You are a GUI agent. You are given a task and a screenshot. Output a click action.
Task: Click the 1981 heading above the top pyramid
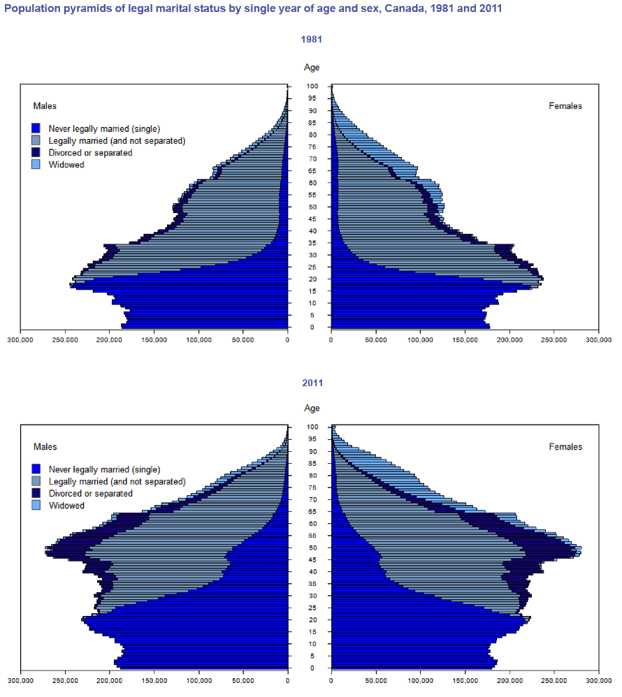coord(311,39)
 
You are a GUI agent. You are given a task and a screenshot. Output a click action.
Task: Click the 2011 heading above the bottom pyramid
coord(311,383)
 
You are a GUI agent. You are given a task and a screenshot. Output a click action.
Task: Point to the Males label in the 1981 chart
coord(45,106)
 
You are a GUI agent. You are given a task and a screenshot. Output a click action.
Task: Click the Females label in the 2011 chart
coord(565,447)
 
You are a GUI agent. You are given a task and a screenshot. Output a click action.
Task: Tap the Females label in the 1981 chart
coord(565,106)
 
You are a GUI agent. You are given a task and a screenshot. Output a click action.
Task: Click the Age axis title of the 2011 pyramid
coord(311,409)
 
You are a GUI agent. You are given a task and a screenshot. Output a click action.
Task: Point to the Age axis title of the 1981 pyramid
coord(311,68)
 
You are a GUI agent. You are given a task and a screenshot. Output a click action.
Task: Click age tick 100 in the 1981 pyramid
coord(311,87)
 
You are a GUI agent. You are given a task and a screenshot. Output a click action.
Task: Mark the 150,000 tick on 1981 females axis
coord(465,340)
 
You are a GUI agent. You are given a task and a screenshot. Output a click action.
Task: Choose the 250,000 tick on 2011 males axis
coord(64,681)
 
